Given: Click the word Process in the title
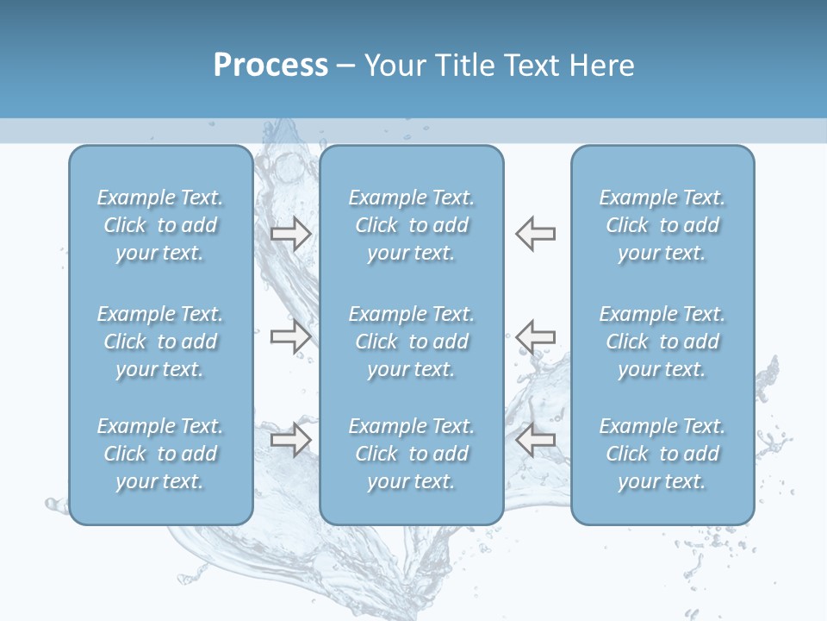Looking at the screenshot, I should click(270, 66).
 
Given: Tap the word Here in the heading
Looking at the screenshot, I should click(602, 66).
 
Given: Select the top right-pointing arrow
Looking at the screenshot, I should click(291, 233).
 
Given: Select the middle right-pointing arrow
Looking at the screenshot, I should click(291, 336).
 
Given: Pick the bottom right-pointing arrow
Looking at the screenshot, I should click(291, 440).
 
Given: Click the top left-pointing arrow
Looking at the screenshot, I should click(536, 233).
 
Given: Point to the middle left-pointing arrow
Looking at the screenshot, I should click(536, 336).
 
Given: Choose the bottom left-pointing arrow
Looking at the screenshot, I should click(536, 440).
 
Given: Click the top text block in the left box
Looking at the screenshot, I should click(160, 225).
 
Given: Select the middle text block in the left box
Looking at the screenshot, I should click(160, 342).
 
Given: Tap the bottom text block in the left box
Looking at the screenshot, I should click(160, 454).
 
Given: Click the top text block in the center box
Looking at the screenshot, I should click(412, 225).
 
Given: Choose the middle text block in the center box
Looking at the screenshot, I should click(412, 342).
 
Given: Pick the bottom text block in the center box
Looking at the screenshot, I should click(412, 454).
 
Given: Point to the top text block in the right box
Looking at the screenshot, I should click(662, 225).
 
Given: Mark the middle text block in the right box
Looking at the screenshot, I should click(662, 342).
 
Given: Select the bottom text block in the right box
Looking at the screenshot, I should click(662, 454).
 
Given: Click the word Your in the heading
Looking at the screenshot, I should click(393, 66).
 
